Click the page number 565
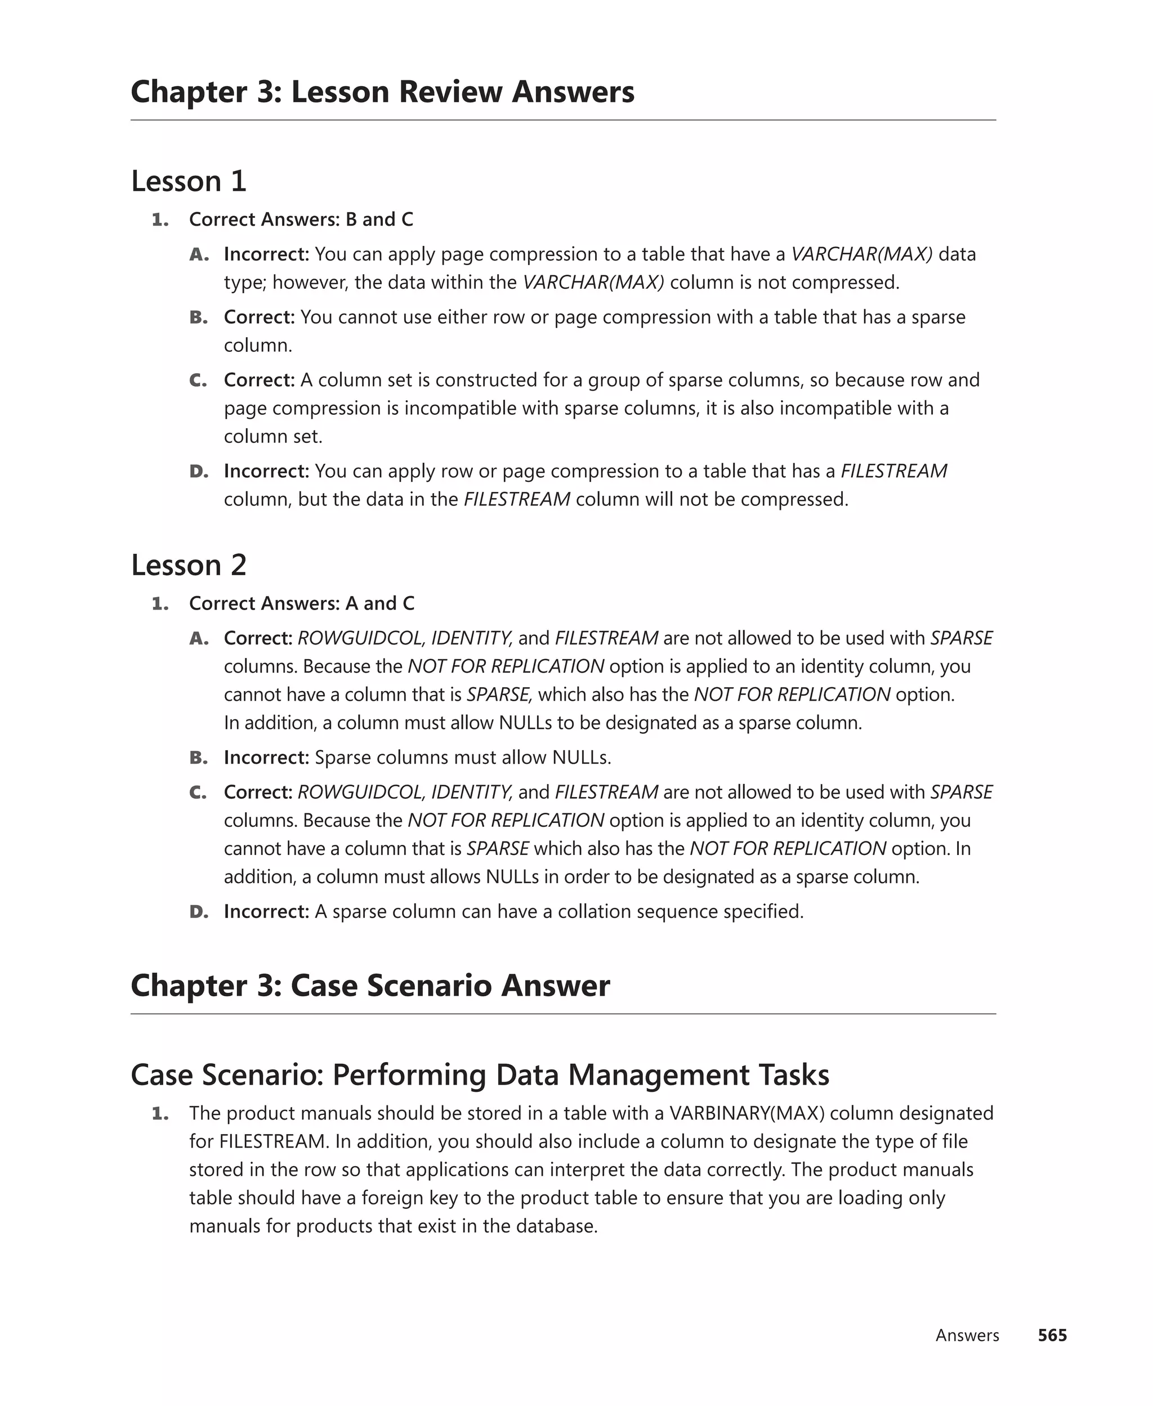click(1052, 1335)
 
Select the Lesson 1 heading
click(189, 181)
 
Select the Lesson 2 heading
click(189, 565)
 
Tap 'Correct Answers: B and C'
click(301, 219)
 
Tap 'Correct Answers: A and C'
click(302, 603)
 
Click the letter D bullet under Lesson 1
click(199, 471)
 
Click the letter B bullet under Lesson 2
click(199, 758)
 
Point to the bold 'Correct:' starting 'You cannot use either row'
click(259, 317)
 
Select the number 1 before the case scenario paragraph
click(159, 1113)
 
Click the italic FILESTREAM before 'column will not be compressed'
click(517, 499)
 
